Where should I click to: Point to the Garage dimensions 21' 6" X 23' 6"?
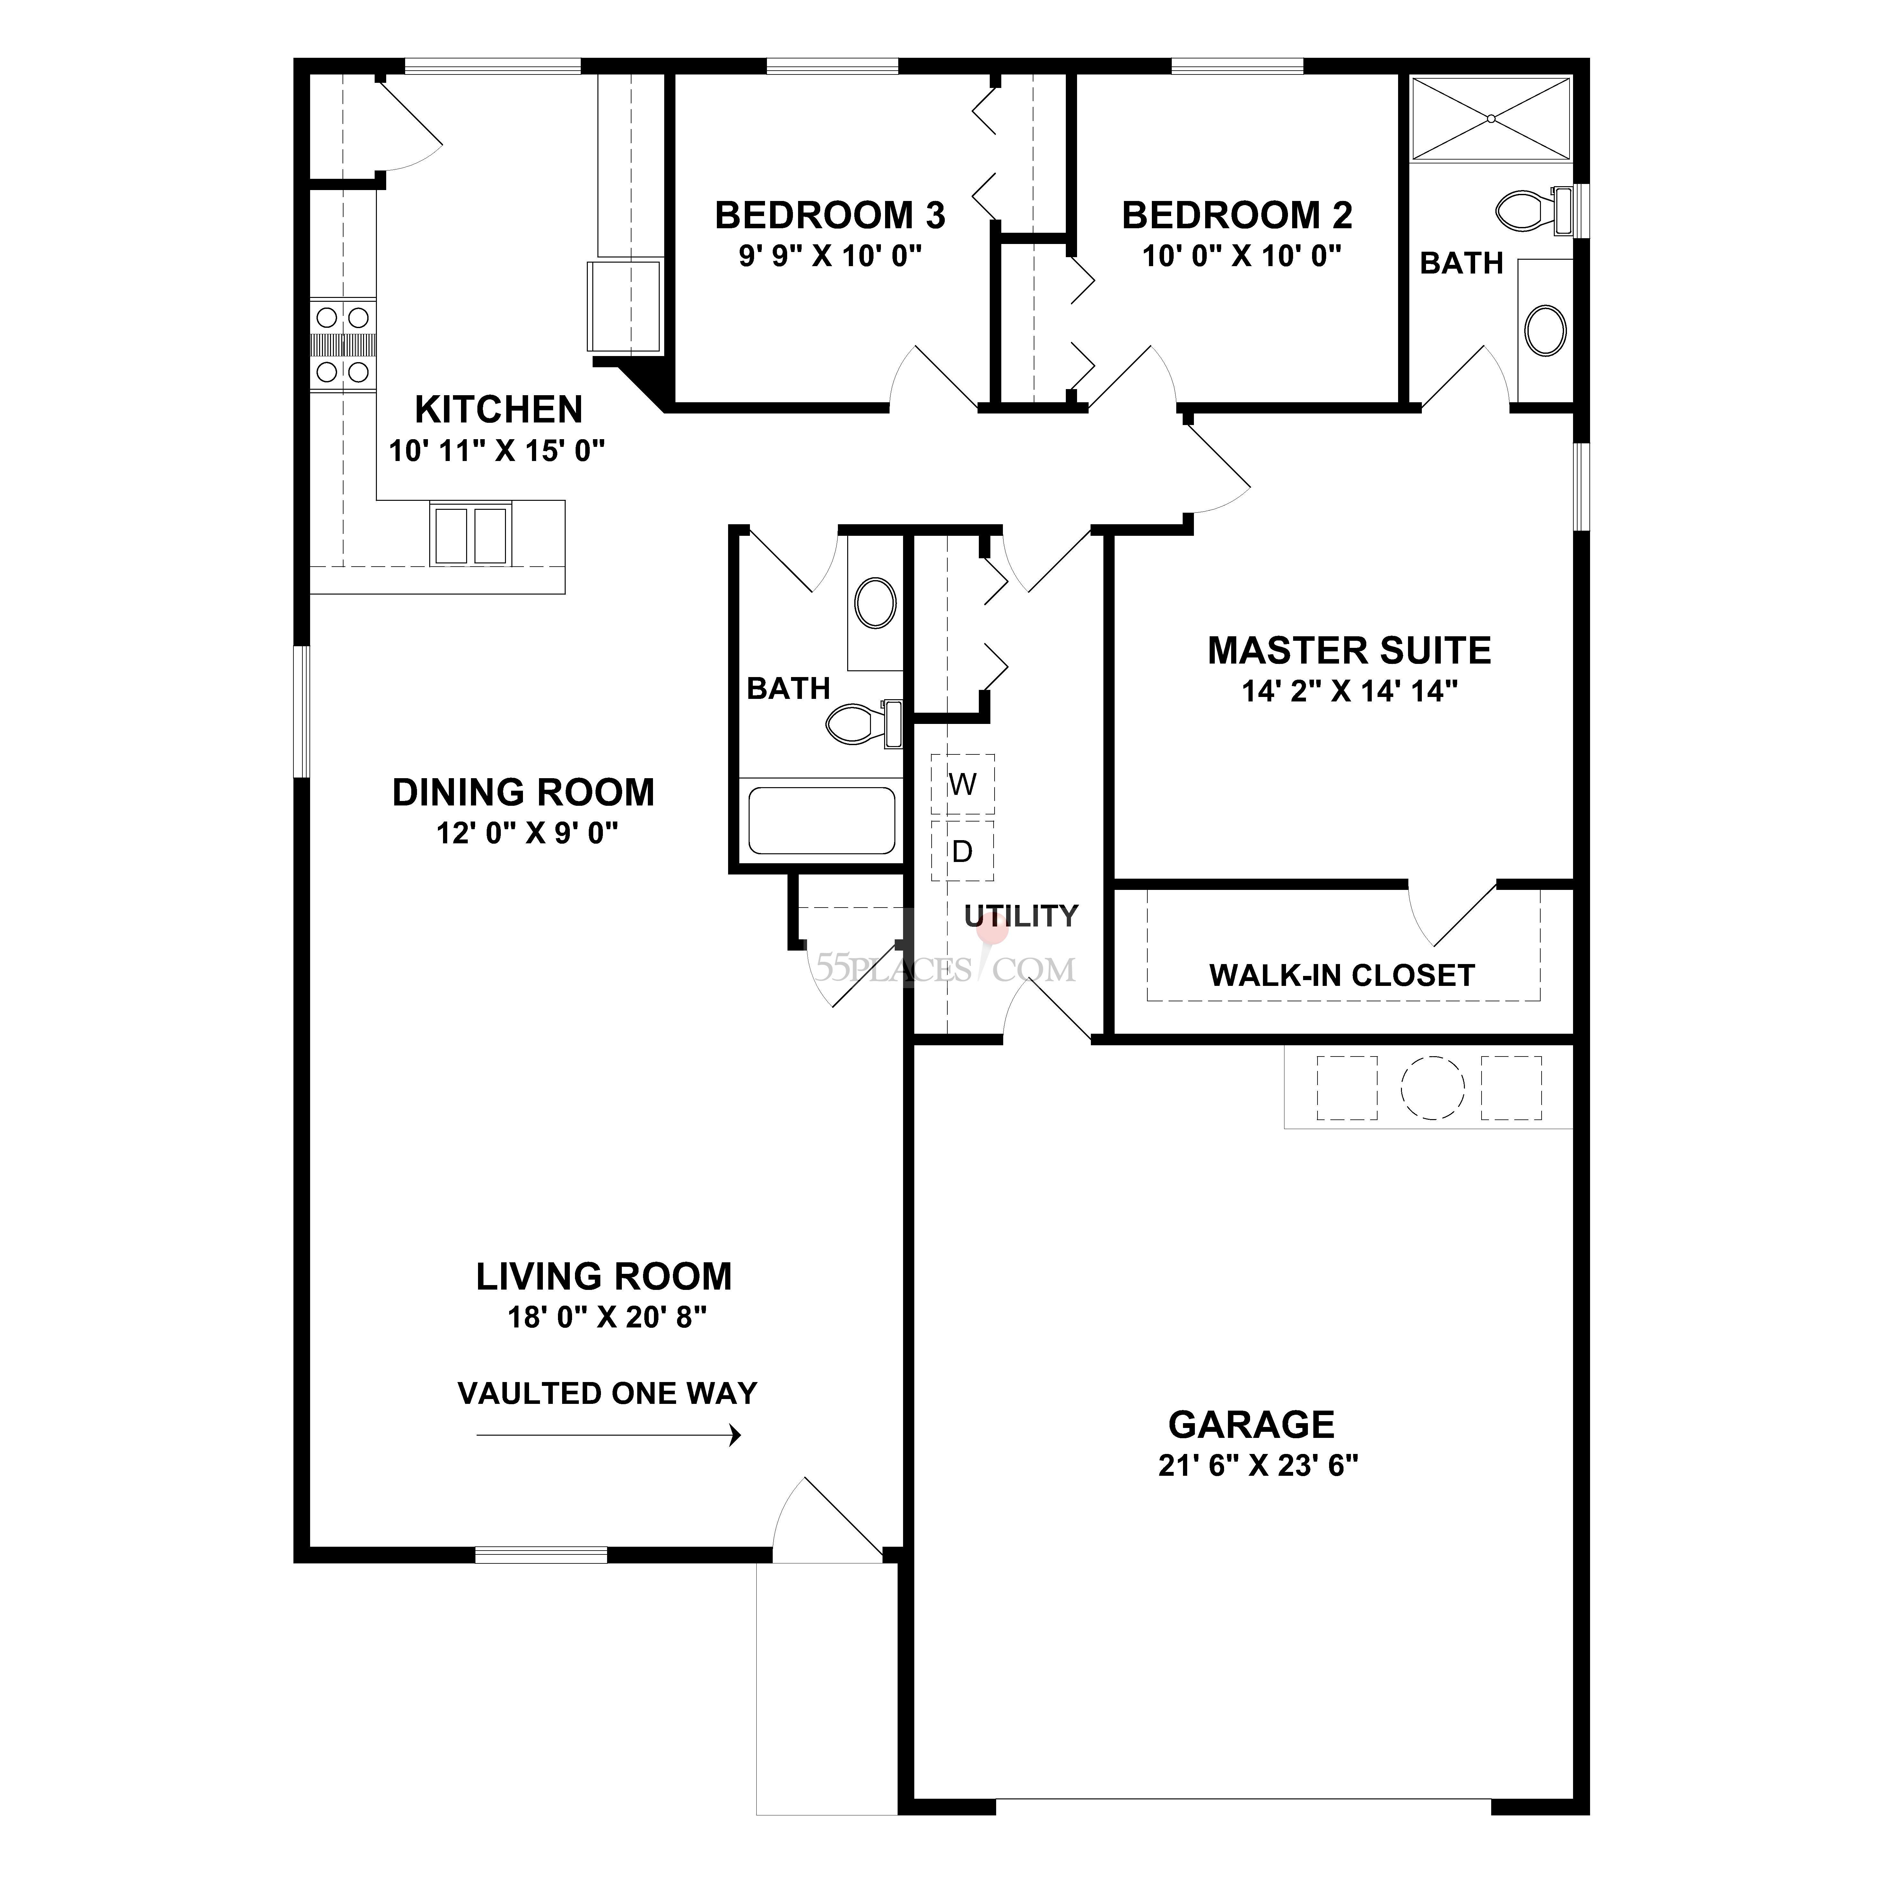pyautogui.click(x=1258, y=1465)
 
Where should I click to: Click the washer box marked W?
pyautogui.click(x=963, y=784)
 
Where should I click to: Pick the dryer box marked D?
pyautogui.click(x=963, y=851)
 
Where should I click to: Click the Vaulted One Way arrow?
pyautogui.click(x=608, y=1436)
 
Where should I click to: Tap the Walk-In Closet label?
pyautogui.click(x=1342, y=976)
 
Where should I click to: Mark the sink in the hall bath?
pyautogui.click(x=874, y=604)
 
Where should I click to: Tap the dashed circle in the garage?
pyautogui.click(x=1432, y=1087)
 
